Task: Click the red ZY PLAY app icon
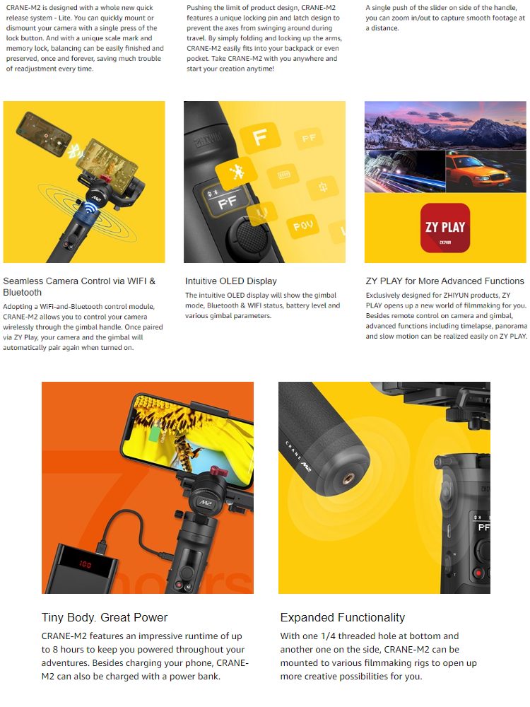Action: click(444, 228)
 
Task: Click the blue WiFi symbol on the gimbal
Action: click(91, 208)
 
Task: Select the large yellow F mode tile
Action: click(261, 136)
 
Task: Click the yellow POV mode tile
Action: click(302, 225)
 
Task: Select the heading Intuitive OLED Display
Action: click(231, 281)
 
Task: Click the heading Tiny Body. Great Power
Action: click(105, 617)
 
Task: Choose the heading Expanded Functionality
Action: click(343, 617)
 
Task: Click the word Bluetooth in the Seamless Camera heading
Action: click(22, 292)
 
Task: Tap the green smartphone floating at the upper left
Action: click(43, 134)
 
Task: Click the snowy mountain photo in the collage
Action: click(445, 125)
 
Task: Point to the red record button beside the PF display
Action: click(478, 573)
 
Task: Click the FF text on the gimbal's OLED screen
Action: click(228, 202)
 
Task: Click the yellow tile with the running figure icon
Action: click(236, 171)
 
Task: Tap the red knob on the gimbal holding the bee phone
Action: click(218, 472)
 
